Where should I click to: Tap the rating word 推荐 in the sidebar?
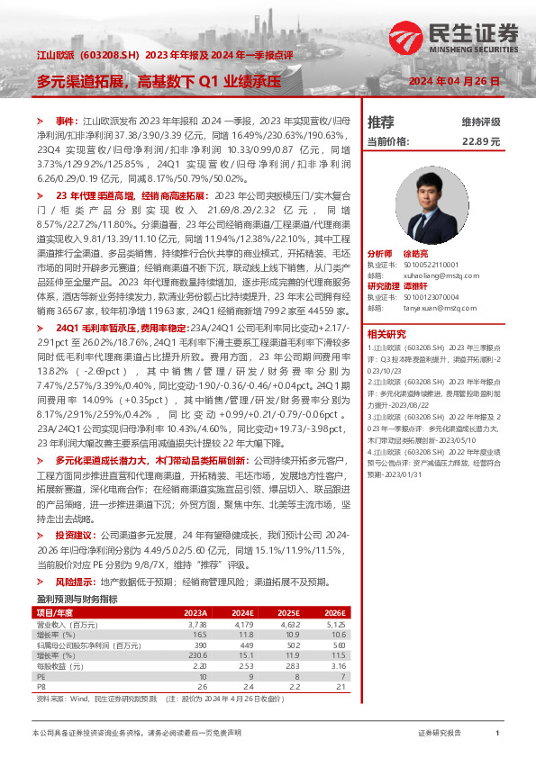381,122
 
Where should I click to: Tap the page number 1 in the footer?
497,735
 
